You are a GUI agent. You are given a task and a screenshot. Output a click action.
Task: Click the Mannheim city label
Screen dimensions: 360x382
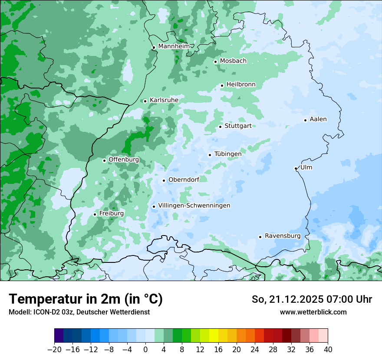[x=174, y=46]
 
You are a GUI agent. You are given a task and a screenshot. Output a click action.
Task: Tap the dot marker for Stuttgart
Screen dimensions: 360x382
[x=221, y=127]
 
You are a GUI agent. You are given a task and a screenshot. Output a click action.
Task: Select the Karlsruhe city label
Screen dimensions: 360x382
[x=164, y=100]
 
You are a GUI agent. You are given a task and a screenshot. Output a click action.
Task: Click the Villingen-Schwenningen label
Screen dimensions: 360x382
[x=194, y=206]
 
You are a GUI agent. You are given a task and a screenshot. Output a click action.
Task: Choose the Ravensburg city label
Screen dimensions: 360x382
[x=283, y=236]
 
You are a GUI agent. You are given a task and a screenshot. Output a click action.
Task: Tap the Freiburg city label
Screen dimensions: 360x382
[x=111, y=213]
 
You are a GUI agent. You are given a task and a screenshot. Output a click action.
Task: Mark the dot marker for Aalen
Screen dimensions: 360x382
[x=306, y=120]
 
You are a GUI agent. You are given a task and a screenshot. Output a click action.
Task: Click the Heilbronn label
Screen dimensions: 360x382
[x=241, y=85]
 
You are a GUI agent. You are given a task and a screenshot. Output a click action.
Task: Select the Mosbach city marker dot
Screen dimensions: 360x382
[x=215, y=62]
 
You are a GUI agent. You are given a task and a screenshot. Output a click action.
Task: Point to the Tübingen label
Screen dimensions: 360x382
[x=227, y=154]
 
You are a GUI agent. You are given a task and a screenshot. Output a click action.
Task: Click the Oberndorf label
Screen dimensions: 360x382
[x=184, y=180]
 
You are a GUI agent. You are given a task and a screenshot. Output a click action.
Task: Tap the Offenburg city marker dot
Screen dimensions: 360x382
[x=104, y=160]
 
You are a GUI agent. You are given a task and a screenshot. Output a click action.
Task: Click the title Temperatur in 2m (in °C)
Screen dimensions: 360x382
[x=86, y=299]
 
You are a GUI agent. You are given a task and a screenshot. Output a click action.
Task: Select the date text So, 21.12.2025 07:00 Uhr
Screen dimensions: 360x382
[x=312, y=299]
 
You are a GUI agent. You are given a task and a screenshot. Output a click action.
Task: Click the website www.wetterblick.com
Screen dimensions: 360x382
[x=313, y=312]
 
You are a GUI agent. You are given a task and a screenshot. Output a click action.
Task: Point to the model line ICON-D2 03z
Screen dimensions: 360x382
[x=79, y=312]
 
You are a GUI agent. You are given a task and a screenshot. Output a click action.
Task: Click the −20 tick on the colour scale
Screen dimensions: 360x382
[x=54, y=350]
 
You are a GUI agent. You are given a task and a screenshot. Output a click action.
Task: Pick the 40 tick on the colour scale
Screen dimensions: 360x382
[x=328, y=350]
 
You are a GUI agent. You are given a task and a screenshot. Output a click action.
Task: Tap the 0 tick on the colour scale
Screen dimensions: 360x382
[x=145, y=350]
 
